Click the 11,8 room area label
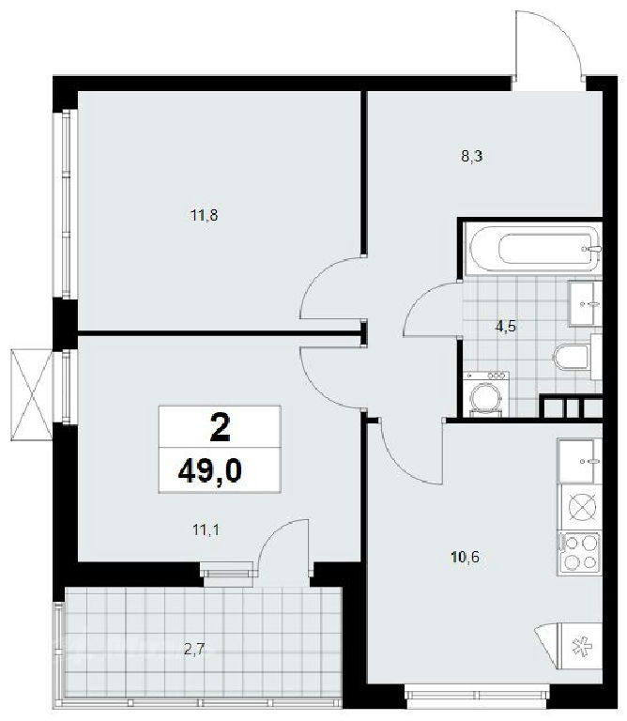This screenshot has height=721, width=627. [x=204, y=215]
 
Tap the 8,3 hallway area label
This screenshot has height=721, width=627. [x=471, y=157]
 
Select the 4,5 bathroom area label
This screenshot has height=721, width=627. [x=506, y=327]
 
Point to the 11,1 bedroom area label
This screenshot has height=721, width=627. [x=206, y=530]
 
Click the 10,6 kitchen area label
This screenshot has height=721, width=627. [x=466, y=558]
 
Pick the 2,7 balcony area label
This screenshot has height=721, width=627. [x=193, y=650]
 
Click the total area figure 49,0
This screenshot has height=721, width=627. [x=209, y=471]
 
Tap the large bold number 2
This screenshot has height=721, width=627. [x=220, y=428]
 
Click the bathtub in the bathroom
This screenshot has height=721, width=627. [x=532, y=249]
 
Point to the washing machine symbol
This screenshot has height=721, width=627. [x=486, y=394]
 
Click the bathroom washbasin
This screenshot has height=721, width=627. [x=585, y=303]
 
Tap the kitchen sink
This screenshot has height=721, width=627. [x=579, y=460]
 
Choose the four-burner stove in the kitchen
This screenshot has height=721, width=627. [x=579, y=552]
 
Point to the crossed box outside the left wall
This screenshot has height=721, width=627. [x=31, y=394]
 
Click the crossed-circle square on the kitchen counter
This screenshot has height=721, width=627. [x=582, y=507]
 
